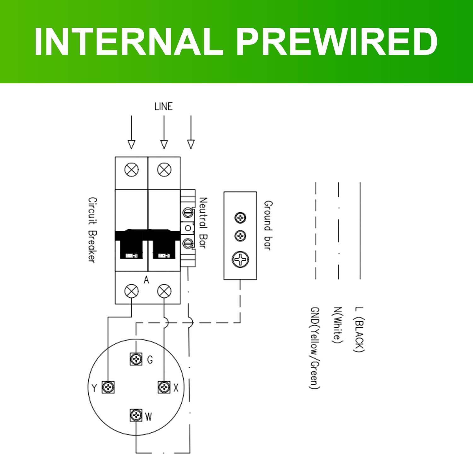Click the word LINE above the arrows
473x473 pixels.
(x=163, y=107)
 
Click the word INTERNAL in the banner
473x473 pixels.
(x=129, y=41)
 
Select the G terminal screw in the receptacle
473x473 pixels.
(x=136, y=359)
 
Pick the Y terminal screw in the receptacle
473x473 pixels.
(x=108, y=387)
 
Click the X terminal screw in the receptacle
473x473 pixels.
(x=164, y=387)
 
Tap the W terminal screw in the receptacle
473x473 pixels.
(x=136, y=415)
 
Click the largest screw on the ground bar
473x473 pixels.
(x=240, y=260)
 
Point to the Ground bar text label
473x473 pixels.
(x=268, y=225)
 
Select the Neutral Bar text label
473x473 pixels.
(x=203, y=223)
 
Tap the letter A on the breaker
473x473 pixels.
(x=146, y=280)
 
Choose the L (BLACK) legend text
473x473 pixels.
(x=359, y=329)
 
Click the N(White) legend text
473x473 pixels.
(x=337, y=325)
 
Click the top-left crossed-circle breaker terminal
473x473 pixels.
(x=131, y=170)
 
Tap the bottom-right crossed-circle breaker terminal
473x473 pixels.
(x=164, y=291)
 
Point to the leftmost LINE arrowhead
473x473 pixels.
(x=131, y=144)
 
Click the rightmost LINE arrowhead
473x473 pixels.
(x=191, y=144)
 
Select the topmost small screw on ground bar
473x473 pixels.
(x=240, y=218)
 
